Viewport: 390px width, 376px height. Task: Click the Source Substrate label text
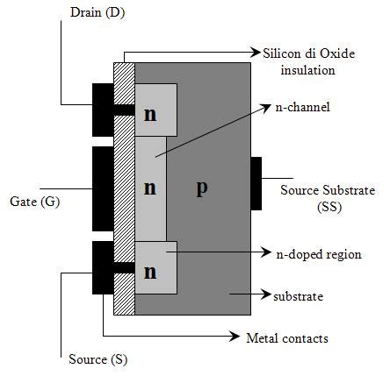(x=326, y=190)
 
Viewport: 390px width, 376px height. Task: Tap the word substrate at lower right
(x=299, y=296)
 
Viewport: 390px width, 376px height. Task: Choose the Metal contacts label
(x=286, y=337)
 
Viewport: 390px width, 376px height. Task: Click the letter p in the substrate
(x=201, y=188)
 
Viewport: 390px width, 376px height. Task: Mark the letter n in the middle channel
(x=150, y=188)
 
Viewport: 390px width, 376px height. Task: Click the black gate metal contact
(x=103, y=188)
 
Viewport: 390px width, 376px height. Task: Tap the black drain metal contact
(x=103, y=109)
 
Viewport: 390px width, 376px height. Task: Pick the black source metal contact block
(x=103, y=266)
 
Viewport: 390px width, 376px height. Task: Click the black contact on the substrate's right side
(x=256, y=184)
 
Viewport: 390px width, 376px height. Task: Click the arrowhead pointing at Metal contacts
(x=237, y=337)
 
